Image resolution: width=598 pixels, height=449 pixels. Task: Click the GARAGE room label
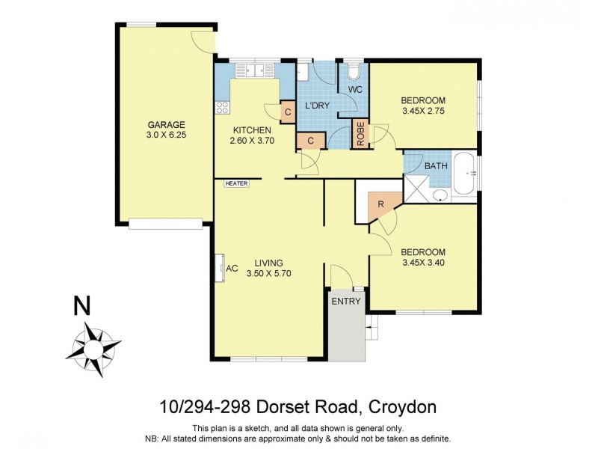tap(166, 125)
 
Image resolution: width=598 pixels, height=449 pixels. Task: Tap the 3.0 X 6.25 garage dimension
tap(166, 135)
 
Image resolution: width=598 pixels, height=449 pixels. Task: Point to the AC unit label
tap(232, 268)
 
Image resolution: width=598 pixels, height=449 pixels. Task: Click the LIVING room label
tap(268, 263)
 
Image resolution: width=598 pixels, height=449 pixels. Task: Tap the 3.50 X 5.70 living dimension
tap(268, 273)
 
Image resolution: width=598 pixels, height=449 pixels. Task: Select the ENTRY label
tap(346, 302)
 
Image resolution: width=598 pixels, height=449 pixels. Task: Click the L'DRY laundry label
tap(317, 106)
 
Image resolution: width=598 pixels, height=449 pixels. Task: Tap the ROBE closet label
tap(361, 134)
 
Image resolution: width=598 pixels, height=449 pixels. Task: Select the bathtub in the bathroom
tap(463, 174)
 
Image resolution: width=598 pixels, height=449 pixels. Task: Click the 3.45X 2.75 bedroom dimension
tap(423, 112)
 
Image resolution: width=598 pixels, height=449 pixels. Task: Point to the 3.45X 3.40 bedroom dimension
tap(423, 263)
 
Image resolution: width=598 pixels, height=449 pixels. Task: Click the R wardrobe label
tap(380, 204)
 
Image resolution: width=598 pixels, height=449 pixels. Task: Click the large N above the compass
tap(83, 307)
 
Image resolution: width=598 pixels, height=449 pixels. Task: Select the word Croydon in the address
tap(404, 408)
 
